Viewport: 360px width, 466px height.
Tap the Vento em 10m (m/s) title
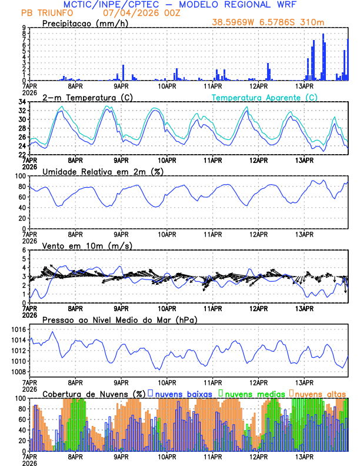pyautogui.click(x=87, y=245)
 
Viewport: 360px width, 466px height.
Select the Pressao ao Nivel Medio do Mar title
pyautogui.click(x=119, y=319)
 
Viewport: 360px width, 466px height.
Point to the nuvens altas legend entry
pyautogui.click(x=320, y=394)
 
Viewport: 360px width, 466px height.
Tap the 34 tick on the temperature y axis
pyautogui.click(x=22, y=102)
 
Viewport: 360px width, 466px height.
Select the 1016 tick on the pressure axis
pyautogui.click(x=18, y=330)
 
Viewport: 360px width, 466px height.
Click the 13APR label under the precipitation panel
pyautogui.click(x=304, y=86)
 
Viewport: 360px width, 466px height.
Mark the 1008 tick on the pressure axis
pyautogui.click(x=18, y=372)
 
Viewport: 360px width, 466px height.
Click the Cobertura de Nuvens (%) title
pyautogui.click(x=94, y=394)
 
